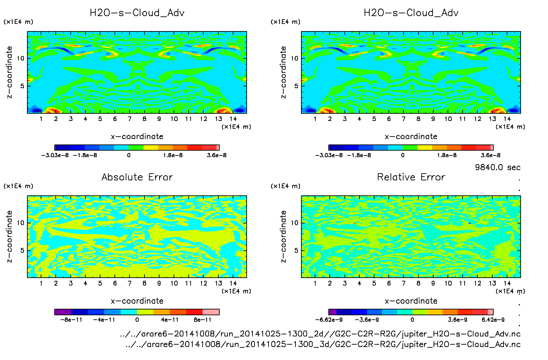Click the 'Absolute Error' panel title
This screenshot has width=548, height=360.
pos(137,177)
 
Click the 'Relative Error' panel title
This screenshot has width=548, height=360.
pos(411,177)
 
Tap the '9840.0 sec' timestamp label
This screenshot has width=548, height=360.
pos(497,167)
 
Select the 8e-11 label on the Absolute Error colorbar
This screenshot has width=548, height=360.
pos(203,320)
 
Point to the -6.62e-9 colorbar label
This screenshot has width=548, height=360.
pos(329,320)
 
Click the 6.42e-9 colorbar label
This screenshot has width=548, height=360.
pos(493,320)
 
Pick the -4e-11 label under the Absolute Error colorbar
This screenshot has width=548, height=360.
pos(104,320)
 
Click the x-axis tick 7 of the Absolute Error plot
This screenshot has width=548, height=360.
pos(129,283)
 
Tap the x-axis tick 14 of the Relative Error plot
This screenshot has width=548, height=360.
pos(507,283)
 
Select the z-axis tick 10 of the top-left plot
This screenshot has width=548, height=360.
pos(21,58)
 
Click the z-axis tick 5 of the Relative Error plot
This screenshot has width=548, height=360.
pos(296,250)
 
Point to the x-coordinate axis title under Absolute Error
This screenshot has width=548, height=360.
pos(137,301)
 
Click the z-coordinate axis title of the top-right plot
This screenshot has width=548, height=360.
pos(283,72)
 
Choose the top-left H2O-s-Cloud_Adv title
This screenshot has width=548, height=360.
pos(137,13)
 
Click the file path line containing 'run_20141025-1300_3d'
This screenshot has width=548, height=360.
pos(323,344)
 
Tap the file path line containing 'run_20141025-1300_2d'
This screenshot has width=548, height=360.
pos(320,334)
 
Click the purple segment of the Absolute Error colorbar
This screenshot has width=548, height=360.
pos(63,312)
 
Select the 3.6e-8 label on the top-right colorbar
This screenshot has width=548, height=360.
pos(491,155)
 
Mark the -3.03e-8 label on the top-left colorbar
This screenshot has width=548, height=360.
pos(55,155)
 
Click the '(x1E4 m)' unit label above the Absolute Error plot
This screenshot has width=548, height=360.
pos(18,186)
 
